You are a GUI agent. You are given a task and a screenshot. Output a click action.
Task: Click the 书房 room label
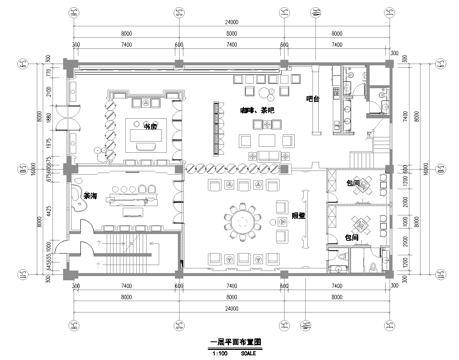pyautogui.click(x=149, y=127)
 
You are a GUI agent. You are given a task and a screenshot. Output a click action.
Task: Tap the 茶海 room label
pyautogui.click(x=90, y=196)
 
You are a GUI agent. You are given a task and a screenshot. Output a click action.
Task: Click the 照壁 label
pyautogui.click(x=298, y=215)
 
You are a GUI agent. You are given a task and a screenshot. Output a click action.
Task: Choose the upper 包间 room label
pyautogui.click(x=352, y=184)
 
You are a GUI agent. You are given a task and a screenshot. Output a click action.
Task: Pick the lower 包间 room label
pyautogui.click(x=351, y=238)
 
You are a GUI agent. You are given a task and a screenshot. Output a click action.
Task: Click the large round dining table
pyautogui.click(x=243, y=220)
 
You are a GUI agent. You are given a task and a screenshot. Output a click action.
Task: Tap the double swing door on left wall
pyautogui.click(x=68, y=117)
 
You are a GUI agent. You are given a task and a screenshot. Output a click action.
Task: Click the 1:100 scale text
pyautogui.click(x=218, y=352)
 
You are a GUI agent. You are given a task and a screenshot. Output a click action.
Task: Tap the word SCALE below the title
pyautogui.click(x=247, y=352)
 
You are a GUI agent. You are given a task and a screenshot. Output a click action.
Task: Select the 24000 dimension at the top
pyautogui.click(x=231, y=22)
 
